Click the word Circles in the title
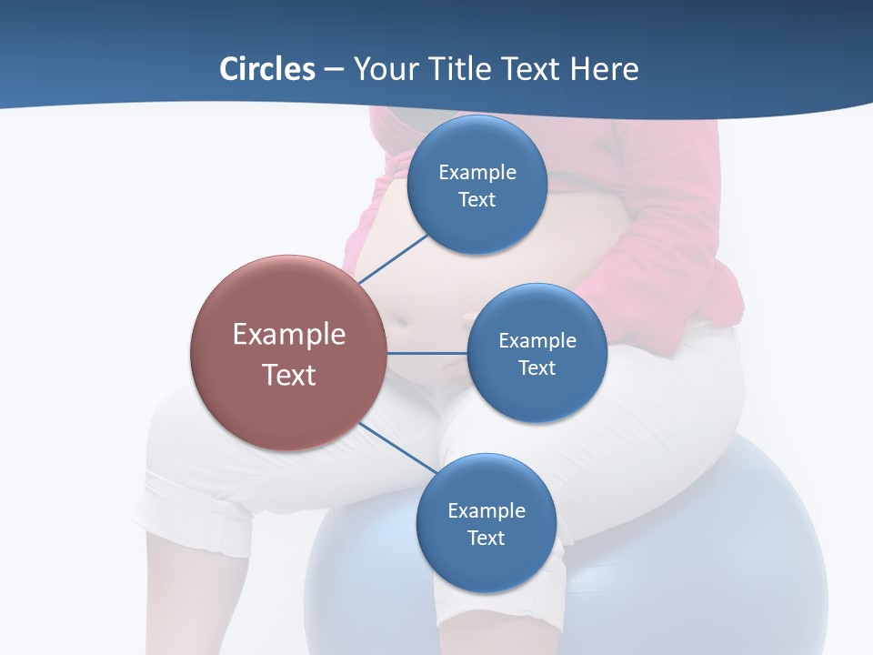[267, 69]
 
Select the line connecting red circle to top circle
[394, 258]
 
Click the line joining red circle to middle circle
[427, 353]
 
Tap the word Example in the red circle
[289, 334]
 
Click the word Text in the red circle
[289, 374]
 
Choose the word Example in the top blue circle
[477, 172]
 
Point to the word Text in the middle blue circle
[537, 368]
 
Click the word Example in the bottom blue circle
[486, 510]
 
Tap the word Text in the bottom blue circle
[486, 538]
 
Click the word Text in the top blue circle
[477, 199]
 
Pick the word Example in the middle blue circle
[537, 340]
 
